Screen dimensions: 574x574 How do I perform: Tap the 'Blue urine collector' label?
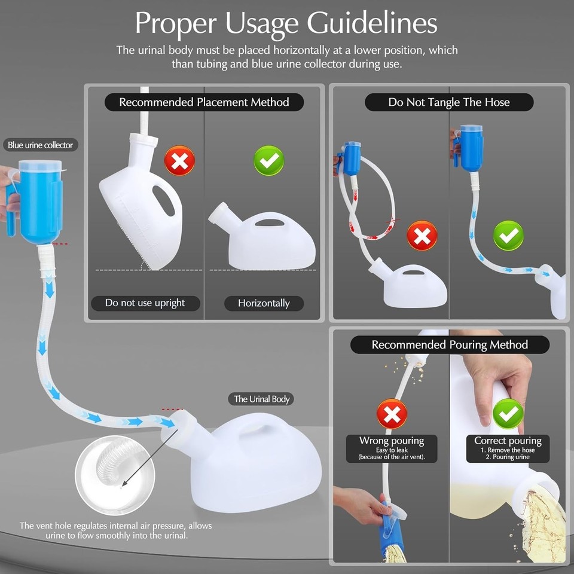pyautogui.click(x=40, y=145)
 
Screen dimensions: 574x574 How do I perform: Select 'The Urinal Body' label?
pyautogui.click(x=264, y=399)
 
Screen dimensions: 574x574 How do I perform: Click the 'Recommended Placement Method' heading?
pyautogui.click(x=204, y=102)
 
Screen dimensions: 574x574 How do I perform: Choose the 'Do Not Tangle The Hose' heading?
pyautogui.click(x=448, y=102)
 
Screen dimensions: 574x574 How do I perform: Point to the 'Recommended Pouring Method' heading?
pyautogui.click(x=450, y=344)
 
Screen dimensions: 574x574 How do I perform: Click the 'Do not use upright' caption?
pyautogui.click(x=145, y=303)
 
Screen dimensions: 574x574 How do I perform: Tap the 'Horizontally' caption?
pyautogui.click(x=264, y=303)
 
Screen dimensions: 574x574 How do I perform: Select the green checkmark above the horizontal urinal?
pyautogui.click(x=269, y=160)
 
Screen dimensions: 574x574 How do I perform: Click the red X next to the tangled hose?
pyautogui.click(x=422, y=236)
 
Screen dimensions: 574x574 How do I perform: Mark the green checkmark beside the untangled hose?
pyautogui.click(x=508, y=236)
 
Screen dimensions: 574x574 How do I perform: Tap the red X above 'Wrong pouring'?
pyautogui.click(x=392, y=414)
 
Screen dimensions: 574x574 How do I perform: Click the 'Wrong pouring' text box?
pyautogui.click(x=392, y=448)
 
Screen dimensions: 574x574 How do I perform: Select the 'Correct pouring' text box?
pyautogui.click(x=508, y=448)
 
